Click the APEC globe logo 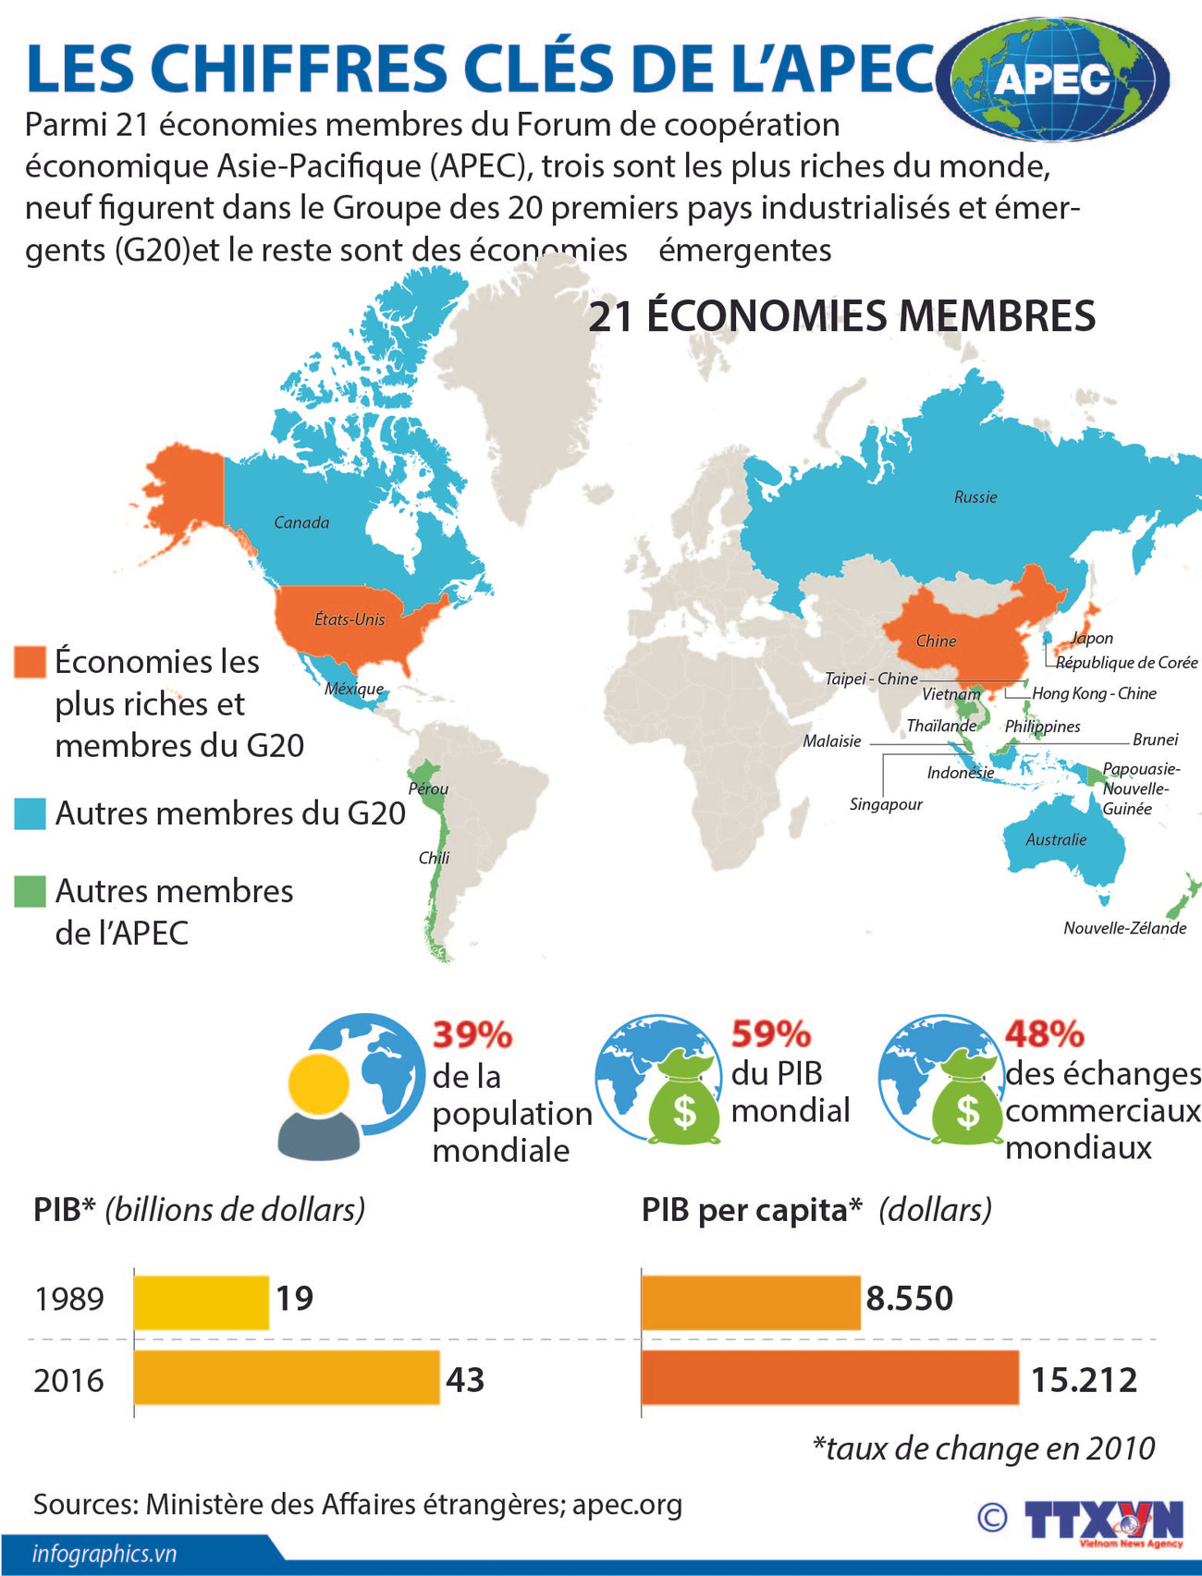1054,79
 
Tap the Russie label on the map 975,497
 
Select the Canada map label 301,523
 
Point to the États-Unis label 350,619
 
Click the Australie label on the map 1056,840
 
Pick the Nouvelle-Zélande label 1124,928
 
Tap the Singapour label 886,804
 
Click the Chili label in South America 434,858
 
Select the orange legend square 30,662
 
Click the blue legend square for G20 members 30,813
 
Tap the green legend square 30,892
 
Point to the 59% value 771,1034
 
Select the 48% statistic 1044,1034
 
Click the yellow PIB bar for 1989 202,1302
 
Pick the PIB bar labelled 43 287,1378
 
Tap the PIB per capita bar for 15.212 829,1378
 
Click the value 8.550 909,1299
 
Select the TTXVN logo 1102,1520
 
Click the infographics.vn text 104,1553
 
